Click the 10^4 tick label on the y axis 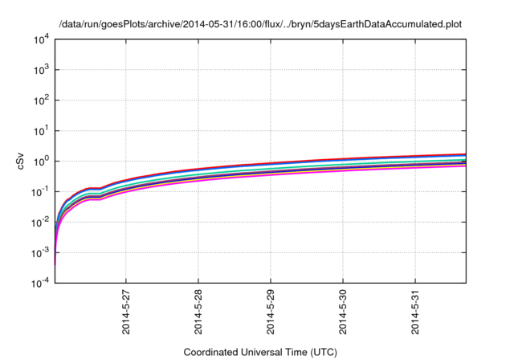point(41,39)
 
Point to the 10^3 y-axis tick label point(41,70)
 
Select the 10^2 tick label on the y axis point(41,100)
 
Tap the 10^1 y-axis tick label point(41,131)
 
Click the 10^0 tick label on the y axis point(41,162)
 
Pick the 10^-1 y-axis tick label point(40,192)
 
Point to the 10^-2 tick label point(40,223)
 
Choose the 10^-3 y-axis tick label point(40,253)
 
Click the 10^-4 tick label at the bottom point(40,284)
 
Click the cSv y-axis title point(22,162)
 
